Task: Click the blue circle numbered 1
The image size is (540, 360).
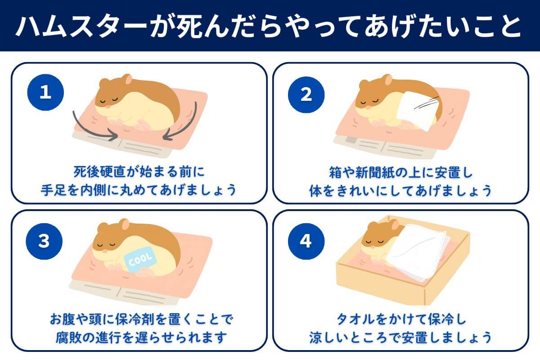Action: point(45,93)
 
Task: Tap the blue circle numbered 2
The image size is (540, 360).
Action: point(306,94)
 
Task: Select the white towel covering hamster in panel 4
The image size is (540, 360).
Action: point(416,254)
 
